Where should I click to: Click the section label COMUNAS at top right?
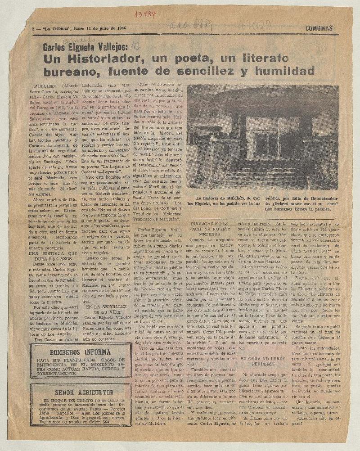[x=319, y=28]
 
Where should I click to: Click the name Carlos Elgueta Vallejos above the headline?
[x=85, y=46]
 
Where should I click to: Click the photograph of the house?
[x=262, y=137]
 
